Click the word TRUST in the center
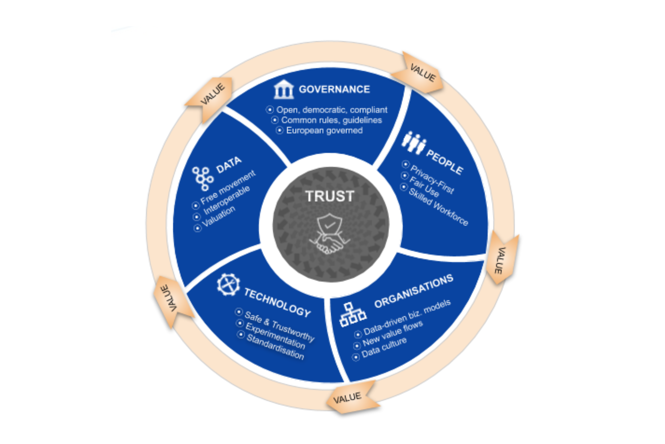click(x=330, y=196)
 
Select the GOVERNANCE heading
click(x=334, y=89)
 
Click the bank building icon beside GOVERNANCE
click(x=283, y=89)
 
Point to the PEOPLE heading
click(x=445, y=162)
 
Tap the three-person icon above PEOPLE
click(x=414, y=142)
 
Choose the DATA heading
click(x=229, y=165)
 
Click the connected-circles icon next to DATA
click(x=203, y=178)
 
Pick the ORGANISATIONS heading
click(x=414, y=291)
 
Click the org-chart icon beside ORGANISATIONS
click(x=353, y=314)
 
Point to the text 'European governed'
click(x=324, y=131)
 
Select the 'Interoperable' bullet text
click(x=226, y=200)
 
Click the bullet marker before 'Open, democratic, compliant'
click(x=270, y=110)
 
